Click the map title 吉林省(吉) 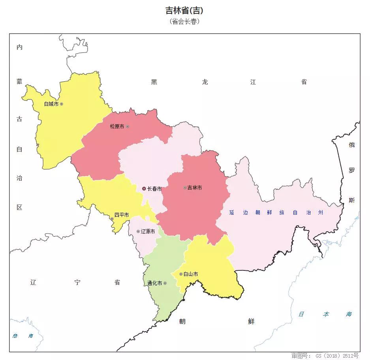184,11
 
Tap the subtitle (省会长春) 184,21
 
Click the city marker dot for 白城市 61,104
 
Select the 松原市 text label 117,126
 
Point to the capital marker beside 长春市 144,189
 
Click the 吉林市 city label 194,187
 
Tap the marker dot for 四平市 112,219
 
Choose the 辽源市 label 148,231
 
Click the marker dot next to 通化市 165,283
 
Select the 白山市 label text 191,274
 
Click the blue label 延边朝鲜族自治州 276,212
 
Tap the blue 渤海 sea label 23,336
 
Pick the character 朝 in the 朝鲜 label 182,321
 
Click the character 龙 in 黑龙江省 205,82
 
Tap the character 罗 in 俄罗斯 351,171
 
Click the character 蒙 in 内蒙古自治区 19,81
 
